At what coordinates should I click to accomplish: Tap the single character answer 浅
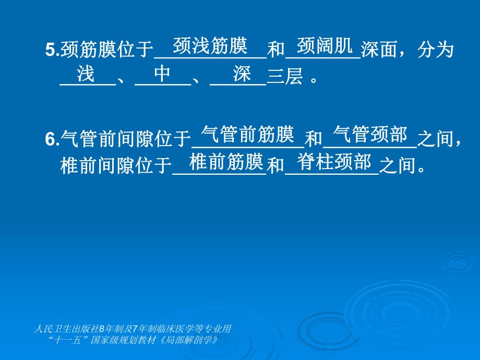(x=86, y=74)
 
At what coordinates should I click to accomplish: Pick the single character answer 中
(x=162, y=74)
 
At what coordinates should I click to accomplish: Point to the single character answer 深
(x=243, y=74)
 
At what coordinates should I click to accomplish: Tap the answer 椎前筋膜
(x=226, y=162)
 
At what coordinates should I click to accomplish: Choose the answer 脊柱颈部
(x=334, y=162)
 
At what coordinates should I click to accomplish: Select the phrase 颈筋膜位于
(x=107, y=50)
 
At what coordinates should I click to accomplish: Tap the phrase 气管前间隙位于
(x=126, y=139)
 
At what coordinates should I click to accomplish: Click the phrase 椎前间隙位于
(x=116, y=166)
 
